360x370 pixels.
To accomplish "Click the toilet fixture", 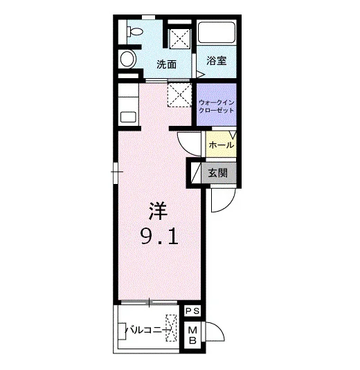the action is (135, 32).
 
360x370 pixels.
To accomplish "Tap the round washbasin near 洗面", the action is (128, 59).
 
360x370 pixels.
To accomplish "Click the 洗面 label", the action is (167, 64).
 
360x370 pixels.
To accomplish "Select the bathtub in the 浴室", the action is (217, 33).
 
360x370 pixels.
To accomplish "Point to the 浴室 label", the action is (217, 61).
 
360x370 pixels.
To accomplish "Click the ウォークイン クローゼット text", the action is (217, 107).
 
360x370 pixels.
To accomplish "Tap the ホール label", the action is (222, 145).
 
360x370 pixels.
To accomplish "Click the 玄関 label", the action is (217, 173).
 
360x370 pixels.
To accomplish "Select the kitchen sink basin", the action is (128, 117).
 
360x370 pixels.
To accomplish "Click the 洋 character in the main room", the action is (158, 211).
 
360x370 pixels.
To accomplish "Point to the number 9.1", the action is (159, 237).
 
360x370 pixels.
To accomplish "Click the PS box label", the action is (192, 311).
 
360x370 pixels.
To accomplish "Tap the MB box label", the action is (192, 335).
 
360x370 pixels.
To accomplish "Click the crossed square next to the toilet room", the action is (180, 39).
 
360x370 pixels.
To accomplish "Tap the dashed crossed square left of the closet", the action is (179, 95).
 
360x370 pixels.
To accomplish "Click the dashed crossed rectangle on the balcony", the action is (171, 328).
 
